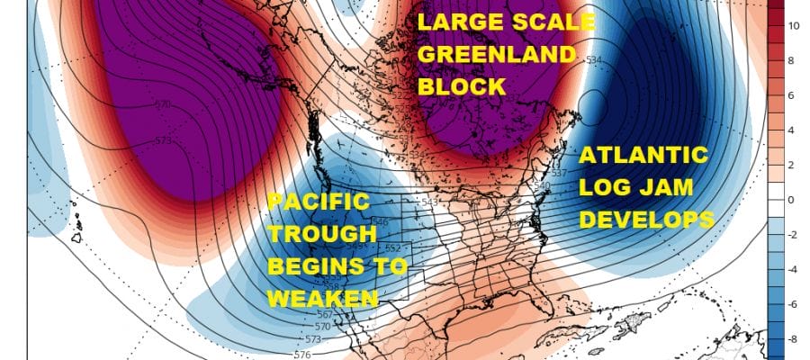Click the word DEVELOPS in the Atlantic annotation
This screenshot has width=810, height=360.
pyautogui.click(x=645, y=220)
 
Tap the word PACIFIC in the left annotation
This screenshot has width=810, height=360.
pyautogui.click(x=318, y=202)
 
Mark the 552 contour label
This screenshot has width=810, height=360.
pyautogui.click(x=417, y=247)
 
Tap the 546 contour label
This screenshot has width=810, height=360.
pyautogui.click(x=404, y=221)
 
